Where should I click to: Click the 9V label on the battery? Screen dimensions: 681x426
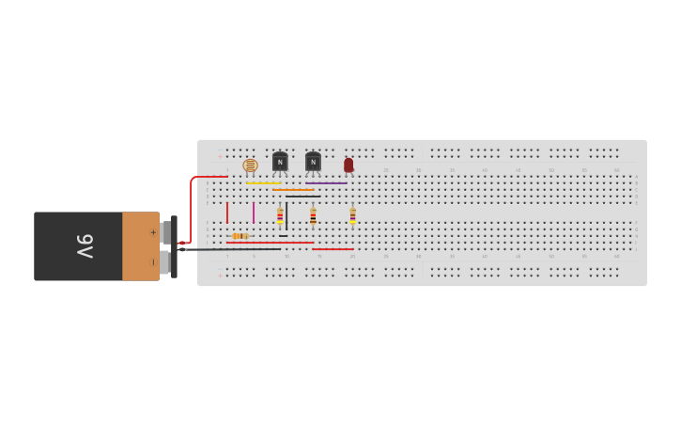click(x=85, y=246)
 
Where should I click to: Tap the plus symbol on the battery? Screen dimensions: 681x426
click(x=153, y=232)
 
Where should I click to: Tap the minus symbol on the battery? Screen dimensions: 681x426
click(x=153, y=261)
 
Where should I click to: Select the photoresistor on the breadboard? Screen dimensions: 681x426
click(x=250, y=166)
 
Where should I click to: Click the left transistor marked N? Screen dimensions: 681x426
click(x=280, y=162)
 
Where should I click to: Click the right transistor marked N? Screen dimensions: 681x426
click(x=313, y=162)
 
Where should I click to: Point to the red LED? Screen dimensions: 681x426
click(x=348, y=165)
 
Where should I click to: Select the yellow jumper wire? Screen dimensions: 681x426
click(x=263, y=182)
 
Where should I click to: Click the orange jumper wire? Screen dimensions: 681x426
click(x=293, y=189)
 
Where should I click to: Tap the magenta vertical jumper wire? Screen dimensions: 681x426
click(x=254, y=213)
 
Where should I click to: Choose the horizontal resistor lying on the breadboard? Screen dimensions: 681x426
click(x=240, y=236)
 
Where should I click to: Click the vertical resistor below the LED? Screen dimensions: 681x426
click(x=352, y=215)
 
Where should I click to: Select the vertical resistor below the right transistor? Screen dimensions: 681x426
click(x=313, y=215)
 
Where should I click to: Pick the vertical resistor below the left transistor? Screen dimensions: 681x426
click(x=280, y=215)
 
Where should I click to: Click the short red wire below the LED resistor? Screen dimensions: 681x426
click(x=333, y=249)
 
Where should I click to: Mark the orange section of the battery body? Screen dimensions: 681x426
click(x=140, y=246)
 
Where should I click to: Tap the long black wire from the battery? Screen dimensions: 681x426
click(x=235, y=249)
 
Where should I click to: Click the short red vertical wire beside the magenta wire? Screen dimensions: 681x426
click(x=227, y=213)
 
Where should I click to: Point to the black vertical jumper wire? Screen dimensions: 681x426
click(x=286, y=216)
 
